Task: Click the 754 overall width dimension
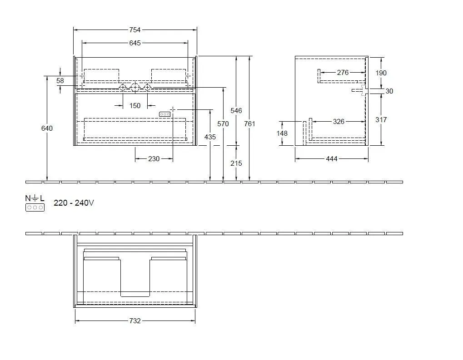pyautogui.click(x=135, y=30)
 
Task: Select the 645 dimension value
pyautogui.click(x=135, y=43)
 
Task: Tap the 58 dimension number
pyautogui.click(x=60, y=80)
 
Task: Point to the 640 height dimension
pyautogui.click(x=47, y=128)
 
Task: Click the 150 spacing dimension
pyautogui.click(x=135, y=106)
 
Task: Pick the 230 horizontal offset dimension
pyautogui.click(x=154, y=159)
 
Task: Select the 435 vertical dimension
pyautogui.click(x=210, y=137)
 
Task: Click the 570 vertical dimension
pyautogui.click(x=223, y=123)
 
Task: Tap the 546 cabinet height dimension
pyautogui.click(x=236, y=110)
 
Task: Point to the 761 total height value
pyautogui.click(x=249, y=123)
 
